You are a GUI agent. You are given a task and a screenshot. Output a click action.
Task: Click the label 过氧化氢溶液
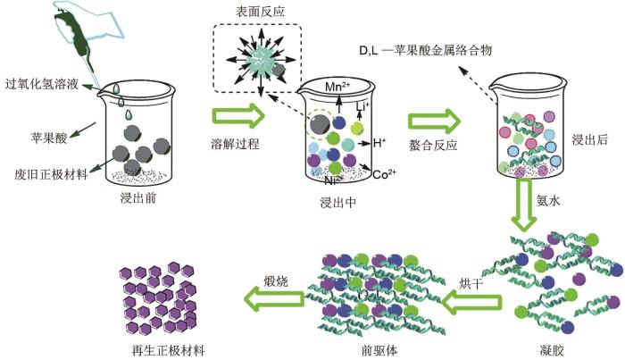click(41, 85)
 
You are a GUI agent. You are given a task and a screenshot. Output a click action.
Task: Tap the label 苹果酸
click(48, 138)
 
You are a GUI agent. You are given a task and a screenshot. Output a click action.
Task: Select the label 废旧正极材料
click(51, 174)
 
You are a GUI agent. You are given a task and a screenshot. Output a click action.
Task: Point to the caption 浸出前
click(137, 197)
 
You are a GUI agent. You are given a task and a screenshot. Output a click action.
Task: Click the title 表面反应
click(260, 11)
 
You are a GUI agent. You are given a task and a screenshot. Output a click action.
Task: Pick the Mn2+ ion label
click(337, 86)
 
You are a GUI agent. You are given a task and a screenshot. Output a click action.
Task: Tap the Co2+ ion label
click(384, 174)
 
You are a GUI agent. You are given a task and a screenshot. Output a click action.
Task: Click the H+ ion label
click(379, 142)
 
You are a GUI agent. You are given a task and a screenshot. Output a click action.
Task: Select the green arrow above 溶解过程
click(238, 116)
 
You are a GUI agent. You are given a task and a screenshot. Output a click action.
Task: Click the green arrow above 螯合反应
click(435, 121)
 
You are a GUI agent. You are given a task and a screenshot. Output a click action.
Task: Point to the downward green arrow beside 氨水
click(524, 205)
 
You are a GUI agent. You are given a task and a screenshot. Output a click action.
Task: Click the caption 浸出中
click(338, 203)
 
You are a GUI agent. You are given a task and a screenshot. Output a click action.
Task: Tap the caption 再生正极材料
click(168, 350)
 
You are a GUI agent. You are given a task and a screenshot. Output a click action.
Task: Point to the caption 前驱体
click(379, 350)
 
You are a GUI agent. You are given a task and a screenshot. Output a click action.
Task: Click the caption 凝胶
click(552, 350)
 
